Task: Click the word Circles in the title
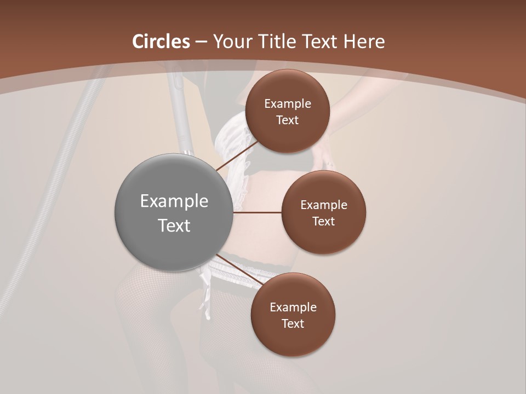[x=161, y=42]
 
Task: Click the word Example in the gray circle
[x=174, y=201]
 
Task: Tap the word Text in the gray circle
[x=174, y=225]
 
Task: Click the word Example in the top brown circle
[x=288, y=103]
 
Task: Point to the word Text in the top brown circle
[x=288, y=120]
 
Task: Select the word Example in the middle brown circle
[x=324, y=205]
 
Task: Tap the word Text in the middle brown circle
[x=324, y=221]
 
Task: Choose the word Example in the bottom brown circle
[x=293, y=307]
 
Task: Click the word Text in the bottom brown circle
[x=293, y=323]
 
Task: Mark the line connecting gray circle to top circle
[x=237, y=156]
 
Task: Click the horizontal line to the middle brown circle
[x=258, y=212]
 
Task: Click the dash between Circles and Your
[x=201, y=42]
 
